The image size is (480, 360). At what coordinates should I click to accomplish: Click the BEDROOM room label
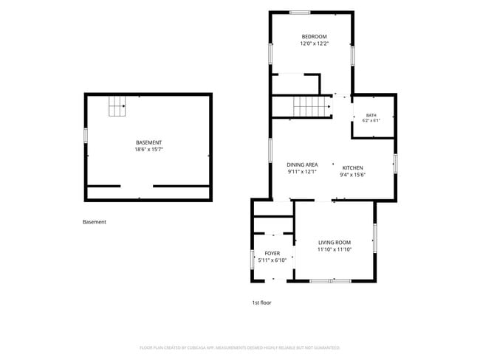314,37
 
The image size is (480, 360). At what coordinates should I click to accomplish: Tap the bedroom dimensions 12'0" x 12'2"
314,44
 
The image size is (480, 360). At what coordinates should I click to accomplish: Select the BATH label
371,115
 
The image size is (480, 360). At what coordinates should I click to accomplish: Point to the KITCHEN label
353,168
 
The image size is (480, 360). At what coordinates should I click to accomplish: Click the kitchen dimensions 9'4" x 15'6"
353,175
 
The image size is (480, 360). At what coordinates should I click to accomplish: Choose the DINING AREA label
302,165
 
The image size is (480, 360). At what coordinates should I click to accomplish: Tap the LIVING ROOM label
335,243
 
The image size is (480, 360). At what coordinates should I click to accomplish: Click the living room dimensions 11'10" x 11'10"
335,249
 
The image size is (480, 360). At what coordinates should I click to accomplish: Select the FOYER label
272,253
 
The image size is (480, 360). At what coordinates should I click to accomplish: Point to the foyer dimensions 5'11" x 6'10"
272,260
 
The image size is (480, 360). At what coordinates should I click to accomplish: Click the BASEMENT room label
148,142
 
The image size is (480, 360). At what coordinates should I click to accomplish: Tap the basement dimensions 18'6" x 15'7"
148,150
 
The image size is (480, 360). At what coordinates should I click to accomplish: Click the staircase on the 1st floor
312,106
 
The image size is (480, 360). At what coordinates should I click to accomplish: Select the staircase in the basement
117,106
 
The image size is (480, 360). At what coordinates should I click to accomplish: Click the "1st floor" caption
261,302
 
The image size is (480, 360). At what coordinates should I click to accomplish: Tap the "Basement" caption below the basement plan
95,222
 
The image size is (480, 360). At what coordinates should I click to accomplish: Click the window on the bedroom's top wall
300,13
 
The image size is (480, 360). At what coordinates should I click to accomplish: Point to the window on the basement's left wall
86,136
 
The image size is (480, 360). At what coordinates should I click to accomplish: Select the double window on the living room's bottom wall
331,281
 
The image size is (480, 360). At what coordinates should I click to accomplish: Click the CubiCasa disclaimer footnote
240,347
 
